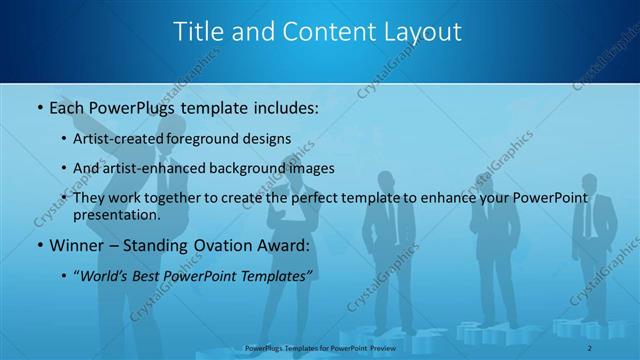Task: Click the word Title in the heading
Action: point(199,32)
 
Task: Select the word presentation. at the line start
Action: point(117,215)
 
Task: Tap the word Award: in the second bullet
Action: point(279,245)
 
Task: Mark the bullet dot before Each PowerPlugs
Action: point(38,105)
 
